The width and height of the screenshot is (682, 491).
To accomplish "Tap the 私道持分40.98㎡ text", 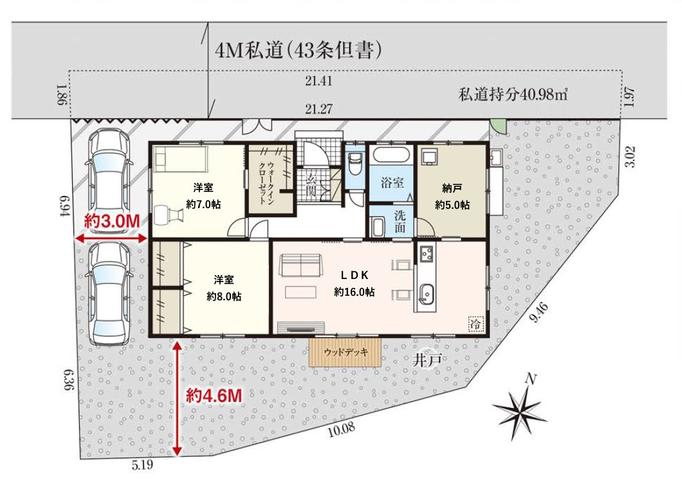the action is [x=513, y=94].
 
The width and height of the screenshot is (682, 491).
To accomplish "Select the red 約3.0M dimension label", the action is [x=112, y=221].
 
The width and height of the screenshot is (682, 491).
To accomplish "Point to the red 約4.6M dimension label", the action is [x=214, y=396].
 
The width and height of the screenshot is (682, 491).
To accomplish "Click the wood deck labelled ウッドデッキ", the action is [x=346, y=352].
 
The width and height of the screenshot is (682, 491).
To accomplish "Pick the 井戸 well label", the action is [x=427, y=360].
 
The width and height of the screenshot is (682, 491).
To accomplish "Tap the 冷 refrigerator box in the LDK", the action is [x=476, y=324].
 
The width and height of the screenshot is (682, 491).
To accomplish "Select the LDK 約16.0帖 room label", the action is [x=354, y=283].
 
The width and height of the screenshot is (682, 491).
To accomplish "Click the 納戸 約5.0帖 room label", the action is [x=452, y=197].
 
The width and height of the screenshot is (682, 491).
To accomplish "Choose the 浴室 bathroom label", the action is [x=392, y=182].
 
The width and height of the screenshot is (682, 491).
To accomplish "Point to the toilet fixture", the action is [x=355, y=163].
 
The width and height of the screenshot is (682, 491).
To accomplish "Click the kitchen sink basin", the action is [x=426, y=294].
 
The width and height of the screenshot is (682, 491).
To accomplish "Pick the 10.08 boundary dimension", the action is [x=342, y=429].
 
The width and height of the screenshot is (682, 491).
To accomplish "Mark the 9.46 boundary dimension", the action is [x=539, y=313].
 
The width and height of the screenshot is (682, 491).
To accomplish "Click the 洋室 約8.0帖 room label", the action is [x=223, y=288].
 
